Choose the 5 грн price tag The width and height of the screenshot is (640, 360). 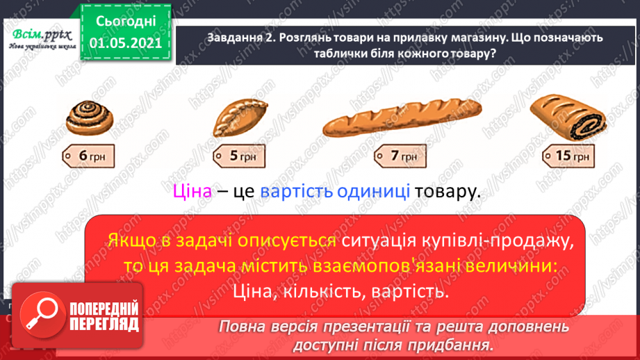pos(238,156)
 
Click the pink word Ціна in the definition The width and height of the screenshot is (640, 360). pos(190,192)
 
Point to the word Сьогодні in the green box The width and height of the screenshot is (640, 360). pos(126,22)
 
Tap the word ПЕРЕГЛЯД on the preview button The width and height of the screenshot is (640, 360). pos(104,325)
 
